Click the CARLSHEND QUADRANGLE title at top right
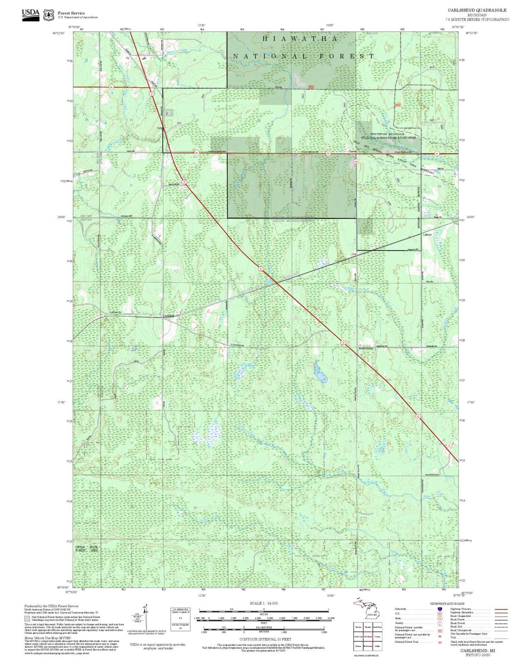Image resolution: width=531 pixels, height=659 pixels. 477,10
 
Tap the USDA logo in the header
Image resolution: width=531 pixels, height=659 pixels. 31,15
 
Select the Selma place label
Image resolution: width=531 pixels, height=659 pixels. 278,87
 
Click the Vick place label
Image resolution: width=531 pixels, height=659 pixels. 353,254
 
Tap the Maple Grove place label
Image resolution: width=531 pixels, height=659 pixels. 365,348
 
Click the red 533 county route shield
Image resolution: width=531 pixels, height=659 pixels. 356,162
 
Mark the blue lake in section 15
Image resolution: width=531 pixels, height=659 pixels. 321,373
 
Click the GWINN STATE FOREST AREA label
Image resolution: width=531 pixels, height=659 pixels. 86,549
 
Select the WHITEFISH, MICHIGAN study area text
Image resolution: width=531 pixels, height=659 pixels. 387,134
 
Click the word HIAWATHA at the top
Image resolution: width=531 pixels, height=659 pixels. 299,39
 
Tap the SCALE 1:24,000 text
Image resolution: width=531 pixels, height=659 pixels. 264,603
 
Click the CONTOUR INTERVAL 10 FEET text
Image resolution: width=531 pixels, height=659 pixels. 266,639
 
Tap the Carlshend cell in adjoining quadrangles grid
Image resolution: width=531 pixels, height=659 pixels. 368,636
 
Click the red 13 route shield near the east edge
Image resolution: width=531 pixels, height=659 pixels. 449,446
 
